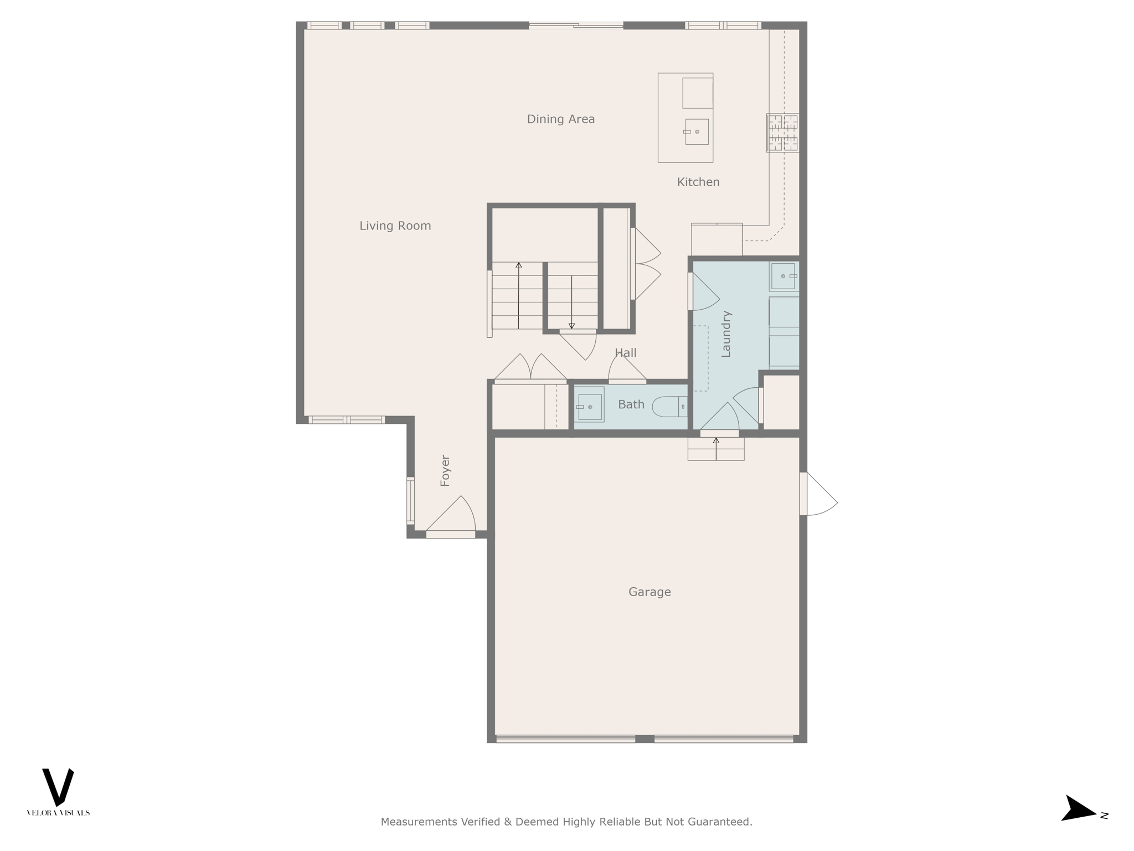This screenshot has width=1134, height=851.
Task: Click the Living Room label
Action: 395,225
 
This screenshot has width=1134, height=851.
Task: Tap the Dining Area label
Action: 560,119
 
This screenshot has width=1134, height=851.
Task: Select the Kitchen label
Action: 698,182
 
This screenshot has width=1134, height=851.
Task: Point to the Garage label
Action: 649,592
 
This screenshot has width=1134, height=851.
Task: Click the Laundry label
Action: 726,334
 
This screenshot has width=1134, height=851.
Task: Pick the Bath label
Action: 631,404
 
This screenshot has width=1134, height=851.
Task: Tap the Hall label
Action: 625,352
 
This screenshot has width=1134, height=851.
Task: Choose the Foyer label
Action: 445,470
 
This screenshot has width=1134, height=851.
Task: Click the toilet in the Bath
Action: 668,407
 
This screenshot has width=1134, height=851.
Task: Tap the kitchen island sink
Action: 696,131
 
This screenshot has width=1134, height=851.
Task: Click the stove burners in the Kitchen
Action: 782,132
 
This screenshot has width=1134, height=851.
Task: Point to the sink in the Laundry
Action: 783,276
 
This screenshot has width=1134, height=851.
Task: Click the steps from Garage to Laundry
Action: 715,449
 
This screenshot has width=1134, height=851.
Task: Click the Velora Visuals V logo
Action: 58,787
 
